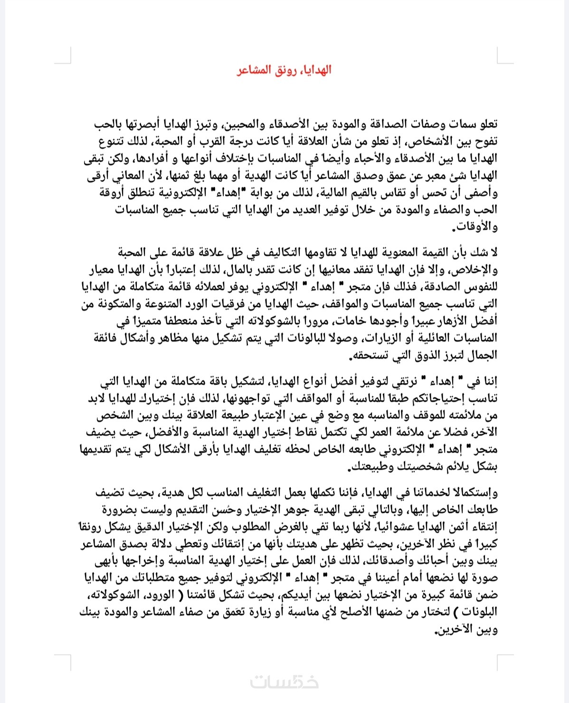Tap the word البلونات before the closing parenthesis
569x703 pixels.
pos(478,612)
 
